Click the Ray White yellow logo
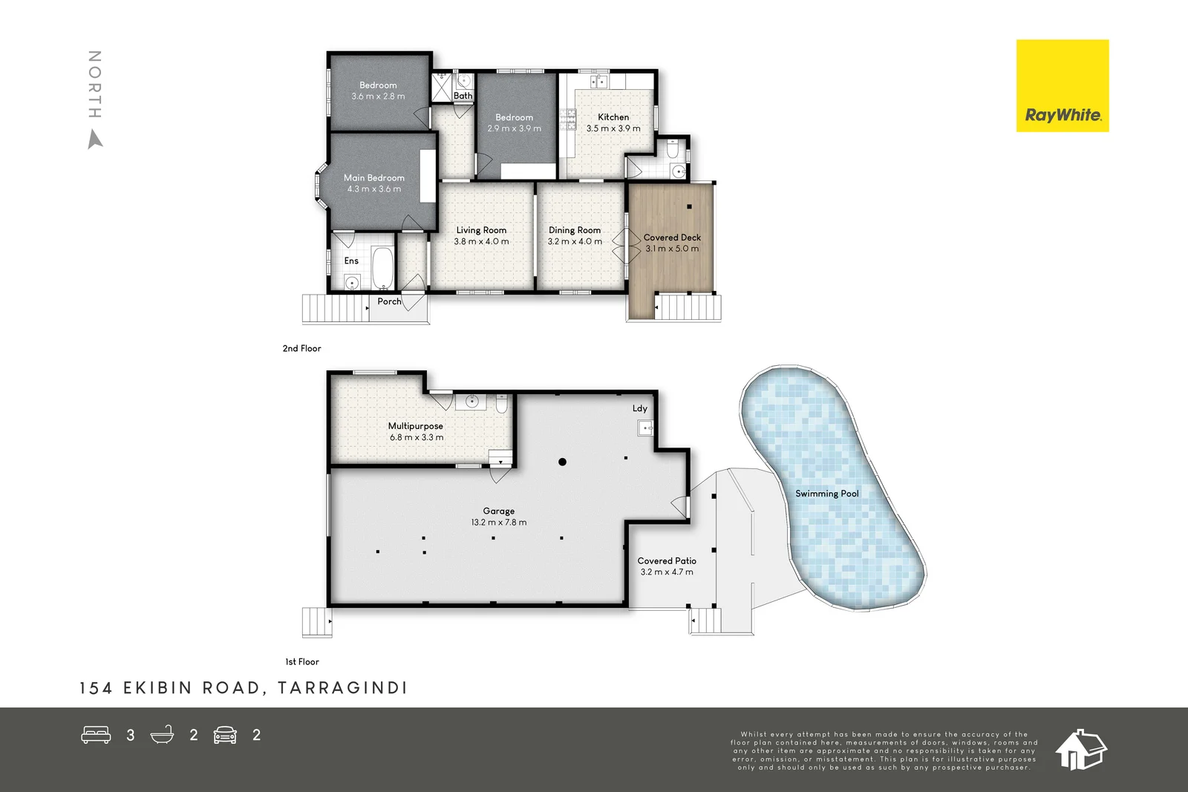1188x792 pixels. point(1062,86)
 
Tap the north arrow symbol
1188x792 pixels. point(95,139)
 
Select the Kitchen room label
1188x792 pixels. point(613,117)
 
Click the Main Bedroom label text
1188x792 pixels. point(373,178)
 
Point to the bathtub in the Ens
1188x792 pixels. point(382,268)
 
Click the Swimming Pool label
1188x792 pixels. point(826,494)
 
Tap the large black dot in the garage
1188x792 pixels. point(562,462)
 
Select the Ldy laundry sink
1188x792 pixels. point(645,428)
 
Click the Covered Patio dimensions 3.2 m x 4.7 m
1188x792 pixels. point(667,572)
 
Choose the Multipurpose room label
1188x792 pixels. point(415,426)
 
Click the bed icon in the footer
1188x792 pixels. point(96,735)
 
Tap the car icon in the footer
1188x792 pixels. point(225,735)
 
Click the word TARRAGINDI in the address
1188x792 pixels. point(342,688)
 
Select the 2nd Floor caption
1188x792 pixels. point(301,348)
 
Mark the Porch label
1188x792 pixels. point(389,301)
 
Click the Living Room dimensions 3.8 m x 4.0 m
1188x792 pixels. point(481,241)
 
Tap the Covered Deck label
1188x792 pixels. point(672,238)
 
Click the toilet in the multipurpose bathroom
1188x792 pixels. point(501,405)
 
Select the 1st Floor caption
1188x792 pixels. point(302,661)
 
